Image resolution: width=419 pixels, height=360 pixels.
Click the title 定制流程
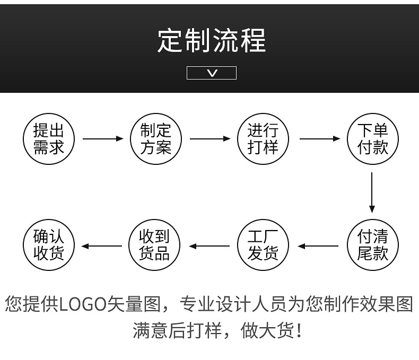click(x=211, y=40)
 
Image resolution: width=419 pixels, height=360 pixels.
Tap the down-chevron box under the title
click(x=211, y=73)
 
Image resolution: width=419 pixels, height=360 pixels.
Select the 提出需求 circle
click(x=48, y=138)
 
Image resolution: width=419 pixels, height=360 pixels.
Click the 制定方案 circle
click(x=156, y=138)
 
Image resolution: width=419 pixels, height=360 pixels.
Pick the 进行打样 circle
click(x=263, y=138)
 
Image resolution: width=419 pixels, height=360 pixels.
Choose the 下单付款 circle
click(x=372, y=138)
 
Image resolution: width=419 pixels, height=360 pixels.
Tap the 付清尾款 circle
click(x=372, y=245)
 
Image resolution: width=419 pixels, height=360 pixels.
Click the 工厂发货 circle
click(x=263, y=245)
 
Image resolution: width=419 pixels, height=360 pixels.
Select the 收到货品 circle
click(x=154, y=245)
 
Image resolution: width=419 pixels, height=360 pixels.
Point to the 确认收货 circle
click(x=48, y=245)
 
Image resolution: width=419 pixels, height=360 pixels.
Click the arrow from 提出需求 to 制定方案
click(x=102, y=139)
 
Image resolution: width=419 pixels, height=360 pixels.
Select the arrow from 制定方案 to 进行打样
click(x=210, y=139)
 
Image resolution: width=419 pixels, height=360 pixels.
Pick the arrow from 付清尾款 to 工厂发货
click(x=318, y=246)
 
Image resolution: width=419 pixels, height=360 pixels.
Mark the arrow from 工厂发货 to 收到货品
click(x=210, y=246)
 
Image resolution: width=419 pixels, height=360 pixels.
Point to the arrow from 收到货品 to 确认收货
click(x=102, y=246)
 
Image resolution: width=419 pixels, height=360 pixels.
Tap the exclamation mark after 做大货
click(x=301, y=331)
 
